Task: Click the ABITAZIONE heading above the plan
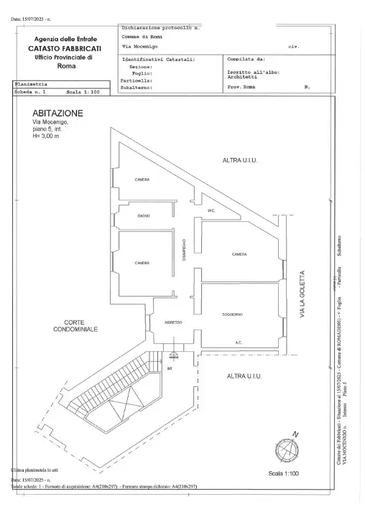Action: pos(57,113)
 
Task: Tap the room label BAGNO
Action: pos(143,215)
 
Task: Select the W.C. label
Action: pos(212,210)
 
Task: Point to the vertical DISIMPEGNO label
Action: pos(185,254)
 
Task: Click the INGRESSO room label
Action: pos(173,322)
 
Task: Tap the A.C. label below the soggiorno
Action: pos(239,343)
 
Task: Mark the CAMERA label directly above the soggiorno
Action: pos(239,255)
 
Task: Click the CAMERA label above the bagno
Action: pos(142,180)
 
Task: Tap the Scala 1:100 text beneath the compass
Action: pos(283,474)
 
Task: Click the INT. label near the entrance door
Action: pos(170,368)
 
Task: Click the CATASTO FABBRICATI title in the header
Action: pos(65,47)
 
